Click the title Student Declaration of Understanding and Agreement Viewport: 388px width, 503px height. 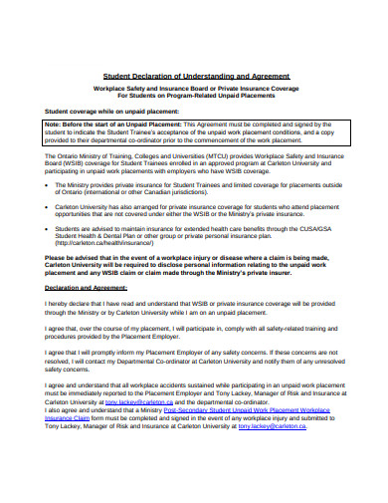click(x=197, y=77)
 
